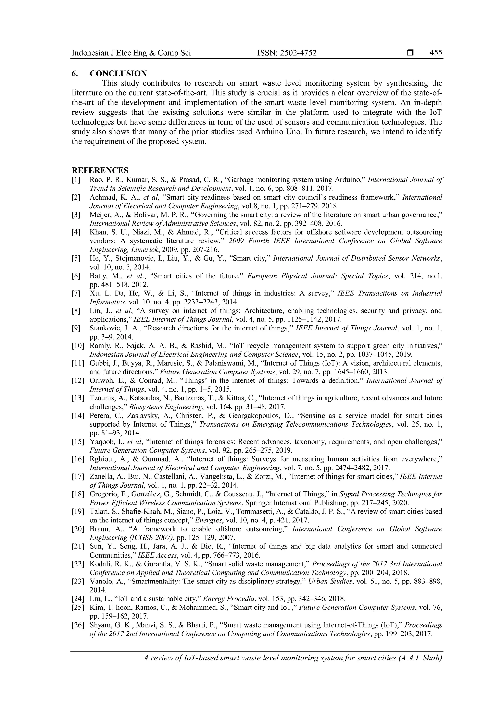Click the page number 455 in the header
pos(436,53)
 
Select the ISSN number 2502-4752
pos(298,53)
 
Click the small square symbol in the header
pos(410,53)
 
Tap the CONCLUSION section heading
pos(118,74)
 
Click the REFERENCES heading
pos(100,170)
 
